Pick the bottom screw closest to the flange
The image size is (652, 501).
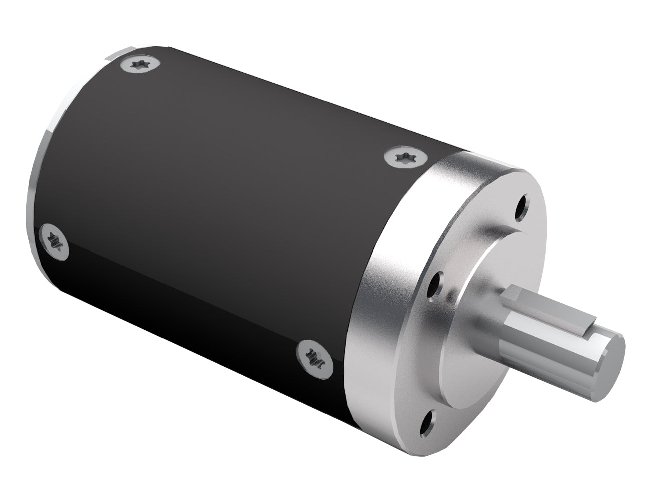tap(312, 356)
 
